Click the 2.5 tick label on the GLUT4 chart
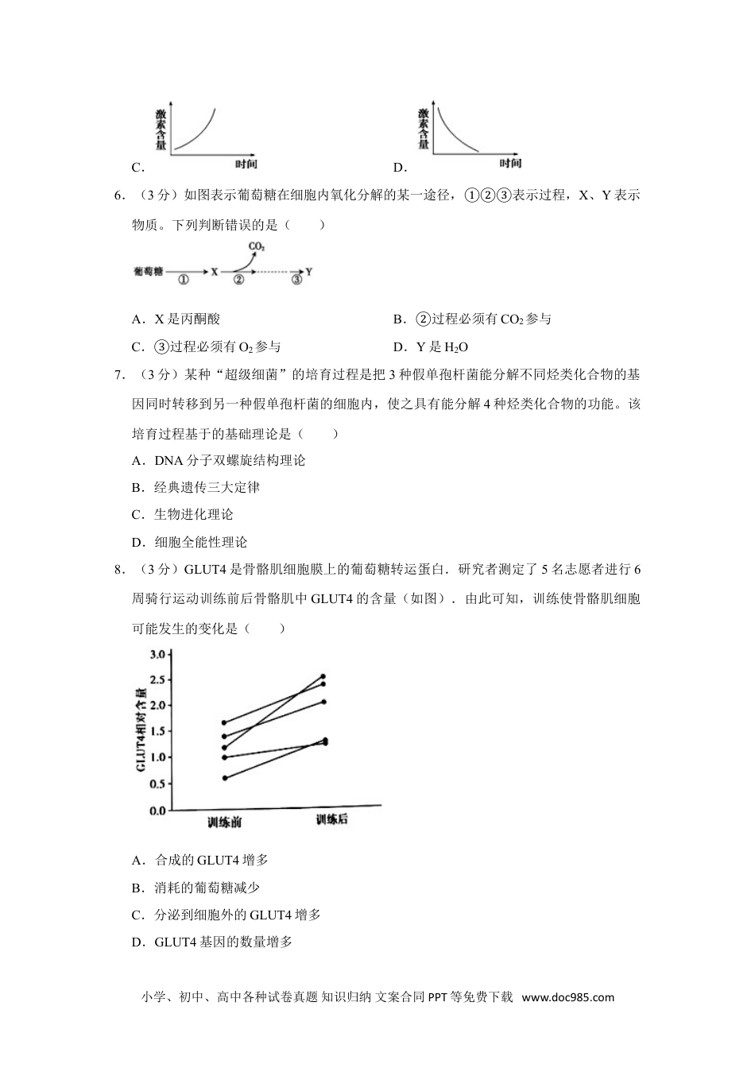tap(158, 680)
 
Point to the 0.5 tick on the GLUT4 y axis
tap(158, 784)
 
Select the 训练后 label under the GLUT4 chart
tap(331, 819)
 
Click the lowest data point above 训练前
tap(225, 778)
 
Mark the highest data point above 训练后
tap(323, 676)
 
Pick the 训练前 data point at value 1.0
tap(225, 757)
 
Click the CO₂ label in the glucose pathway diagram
tap(257, 247)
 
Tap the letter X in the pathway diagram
tap(214, 272)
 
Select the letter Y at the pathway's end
tap(308, 272)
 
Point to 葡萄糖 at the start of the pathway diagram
tap(149, 272)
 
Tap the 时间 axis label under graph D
tap(510, 164)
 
